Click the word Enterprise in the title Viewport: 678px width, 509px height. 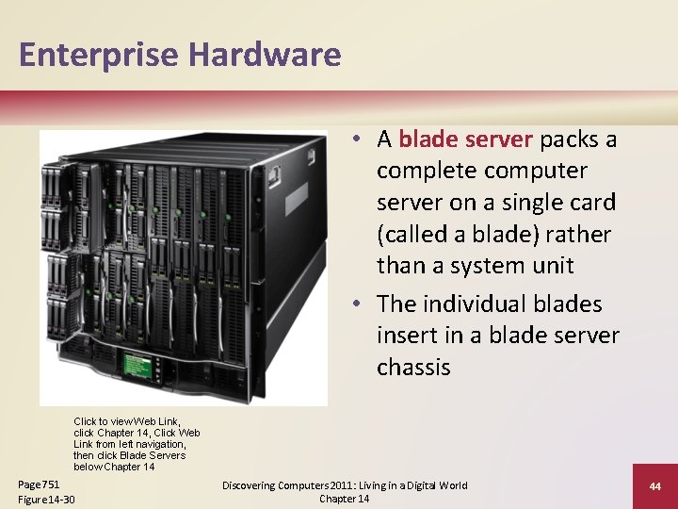click(98, 56)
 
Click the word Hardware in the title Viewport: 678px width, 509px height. click(264, 56)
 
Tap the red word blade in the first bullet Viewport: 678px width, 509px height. click(428, 140)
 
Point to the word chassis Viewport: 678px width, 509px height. click(413, 367)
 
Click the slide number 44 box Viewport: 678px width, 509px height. click(654, 486)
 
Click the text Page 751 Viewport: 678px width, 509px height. click(39, 484)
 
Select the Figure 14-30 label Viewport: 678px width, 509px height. click(46, 499)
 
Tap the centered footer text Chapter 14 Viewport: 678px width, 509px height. click(344, 499)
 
